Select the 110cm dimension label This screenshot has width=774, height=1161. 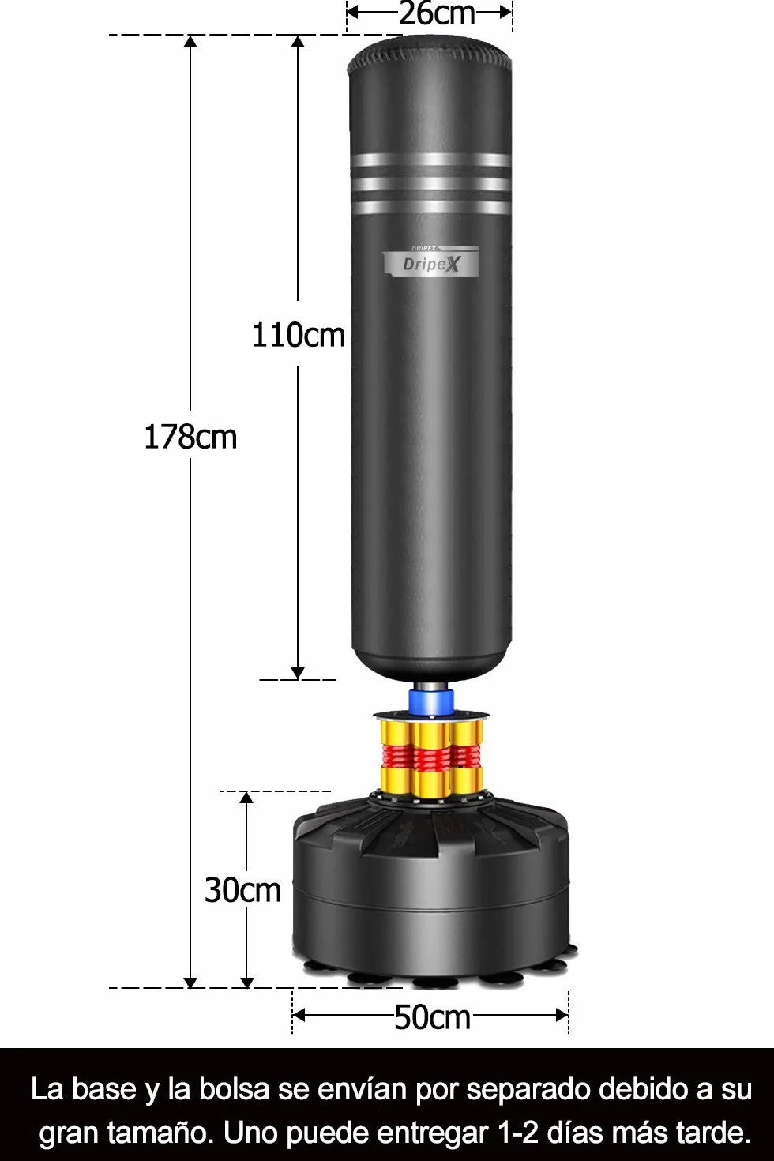pyautogui.click(x=299, y=335)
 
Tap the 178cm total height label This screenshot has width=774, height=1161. pyautogui.click(x=190, y=437)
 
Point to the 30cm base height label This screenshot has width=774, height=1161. pyautogui.click(x=242, y=890)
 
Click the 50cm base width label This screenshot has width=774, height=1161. pyautogui.click(x=432, y=1017)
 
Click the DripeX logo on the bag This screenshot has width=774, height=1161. pyautogui.click(x=430, y=262)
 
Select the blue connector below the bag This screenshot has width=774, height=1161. pyautogui.click(x=430, y=701)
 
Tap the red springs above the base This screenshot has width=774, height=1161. pyautogui.click(x=430, y=757)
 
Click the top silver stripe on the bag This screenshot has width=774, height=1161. pyautogui.click(x=431, y=159)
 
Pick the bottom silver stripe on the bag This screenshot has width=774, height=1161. pyautogui.click(x=431, y=207)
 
